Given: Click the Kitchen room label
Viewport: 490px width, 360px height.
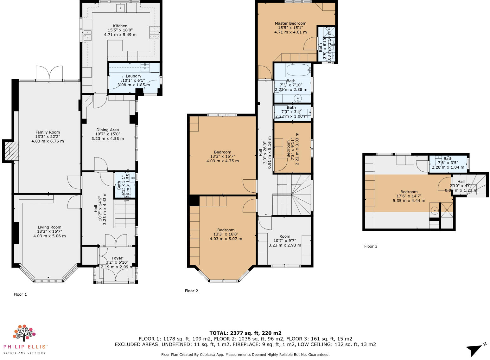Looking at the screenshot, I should click(x=120, y=26).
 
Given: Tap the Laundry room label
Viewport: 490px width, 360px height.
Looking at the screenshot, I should click(x=133, y=76).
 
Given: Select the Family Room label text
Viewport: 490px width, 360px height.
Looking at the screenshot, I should click(x=48, y=132).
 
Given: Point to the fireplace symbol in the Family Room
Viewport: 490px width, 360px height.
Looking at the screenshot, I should click(x=13, y=151).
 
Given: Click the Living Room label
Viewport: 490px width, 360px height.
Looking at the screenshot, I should click(x=49, y=227).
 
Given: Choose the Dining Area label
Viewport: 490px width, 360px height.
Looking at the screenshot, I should click(x=107, y=130).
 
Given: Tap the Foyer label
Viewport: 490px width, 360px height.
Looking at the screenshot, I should click(x=117, y=258).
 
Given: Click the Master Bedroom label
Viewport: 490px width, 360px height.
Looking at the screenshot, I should click(x=290, y=23).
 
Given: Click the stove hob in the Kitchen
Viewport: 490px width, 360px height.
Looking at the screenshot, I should click(x=155, y=32).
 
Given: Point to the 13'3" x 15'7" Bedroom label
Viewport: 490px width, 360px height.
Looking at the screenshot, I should click(x=222, y=152).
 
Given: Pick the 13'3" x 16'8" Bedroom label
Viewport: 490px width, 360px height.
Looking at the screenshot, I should click(x=226, y=230).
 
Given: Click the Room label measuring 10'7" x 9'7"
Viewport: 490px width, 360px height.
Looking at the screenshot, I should click(x=285, y=236).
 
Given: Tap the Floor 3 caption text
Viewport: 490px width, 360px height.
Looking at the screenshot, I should click(x=371, y=246).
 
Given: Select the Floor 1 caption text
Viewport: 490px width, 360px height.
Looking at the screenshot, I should click(x=20, y=294).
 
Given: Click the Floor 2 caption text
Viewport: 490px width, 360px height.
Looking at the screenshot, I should click(x=191, y=291).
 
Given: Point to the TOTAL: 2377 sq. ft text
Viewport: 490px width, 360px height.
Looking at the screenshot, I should click(x=245, y=333).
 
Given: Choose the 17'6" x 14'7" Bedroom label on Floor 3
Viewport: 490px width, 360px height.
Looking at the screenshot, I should click(x=409, y=192).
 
